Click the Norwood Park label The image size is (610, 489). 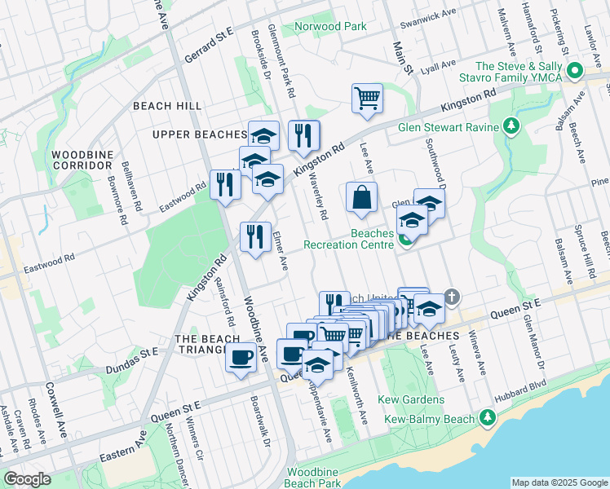click(330, 26)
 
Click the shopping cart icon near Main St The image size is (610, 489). click(368, 99)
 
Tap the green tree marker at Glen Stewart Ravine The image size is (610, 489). click(511, 126)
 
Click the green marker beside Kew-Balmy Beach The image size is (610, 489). click(488, 417)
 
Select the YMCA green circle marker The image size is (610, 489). click(575, 72)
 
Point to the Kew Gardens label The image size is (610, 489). click(411, 399)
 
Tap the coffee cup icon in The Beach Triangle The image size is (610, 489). click(240, 357)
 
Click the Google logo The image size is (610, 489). click(27, 479)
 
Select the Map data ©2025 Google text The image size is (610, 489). click(559, 482)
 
